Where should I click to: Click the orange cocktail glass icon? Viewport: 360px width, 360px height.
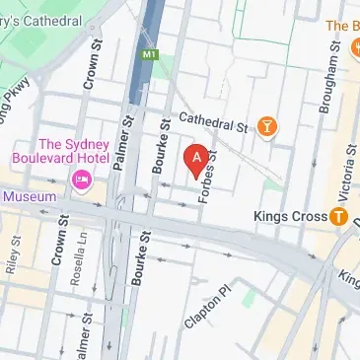pyautogui.click(x=266, y=125)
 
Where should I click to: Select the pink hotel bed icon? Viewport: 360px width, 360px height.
pyautogui.click(x=81, y=180)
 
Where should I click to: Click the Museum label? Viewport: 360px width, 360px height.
pyautogui.click(x=29, y=196)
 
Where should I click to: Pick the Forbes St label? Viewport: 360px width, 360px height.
pyautogui.click(x=204, y=181)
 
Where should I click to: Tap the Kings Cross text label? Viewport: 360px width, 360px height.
pyautogui.click(x=288, y=215)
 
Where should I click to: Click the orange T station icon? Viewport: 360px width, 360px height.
pyautogui.click(x=338, y=215)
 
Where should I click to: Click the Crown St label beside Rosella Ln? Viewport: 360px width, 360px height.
pyautogui.click(x=58, y=253)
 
